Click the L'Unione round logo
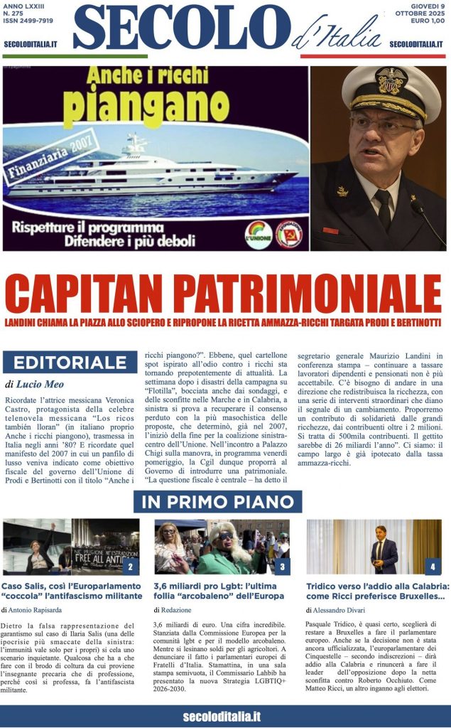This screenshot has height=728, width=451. [258, 234]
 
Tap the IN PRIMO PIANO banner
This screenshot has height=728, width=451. [217, 501]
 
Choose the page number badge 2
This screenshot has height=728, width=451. [130, 567]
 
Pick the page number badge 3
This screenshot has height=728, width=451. [281, 567]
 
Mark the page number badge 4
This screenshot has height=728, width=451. [433, 567]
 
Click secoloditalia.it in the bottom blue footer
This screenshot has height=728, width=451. [222, 716]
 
